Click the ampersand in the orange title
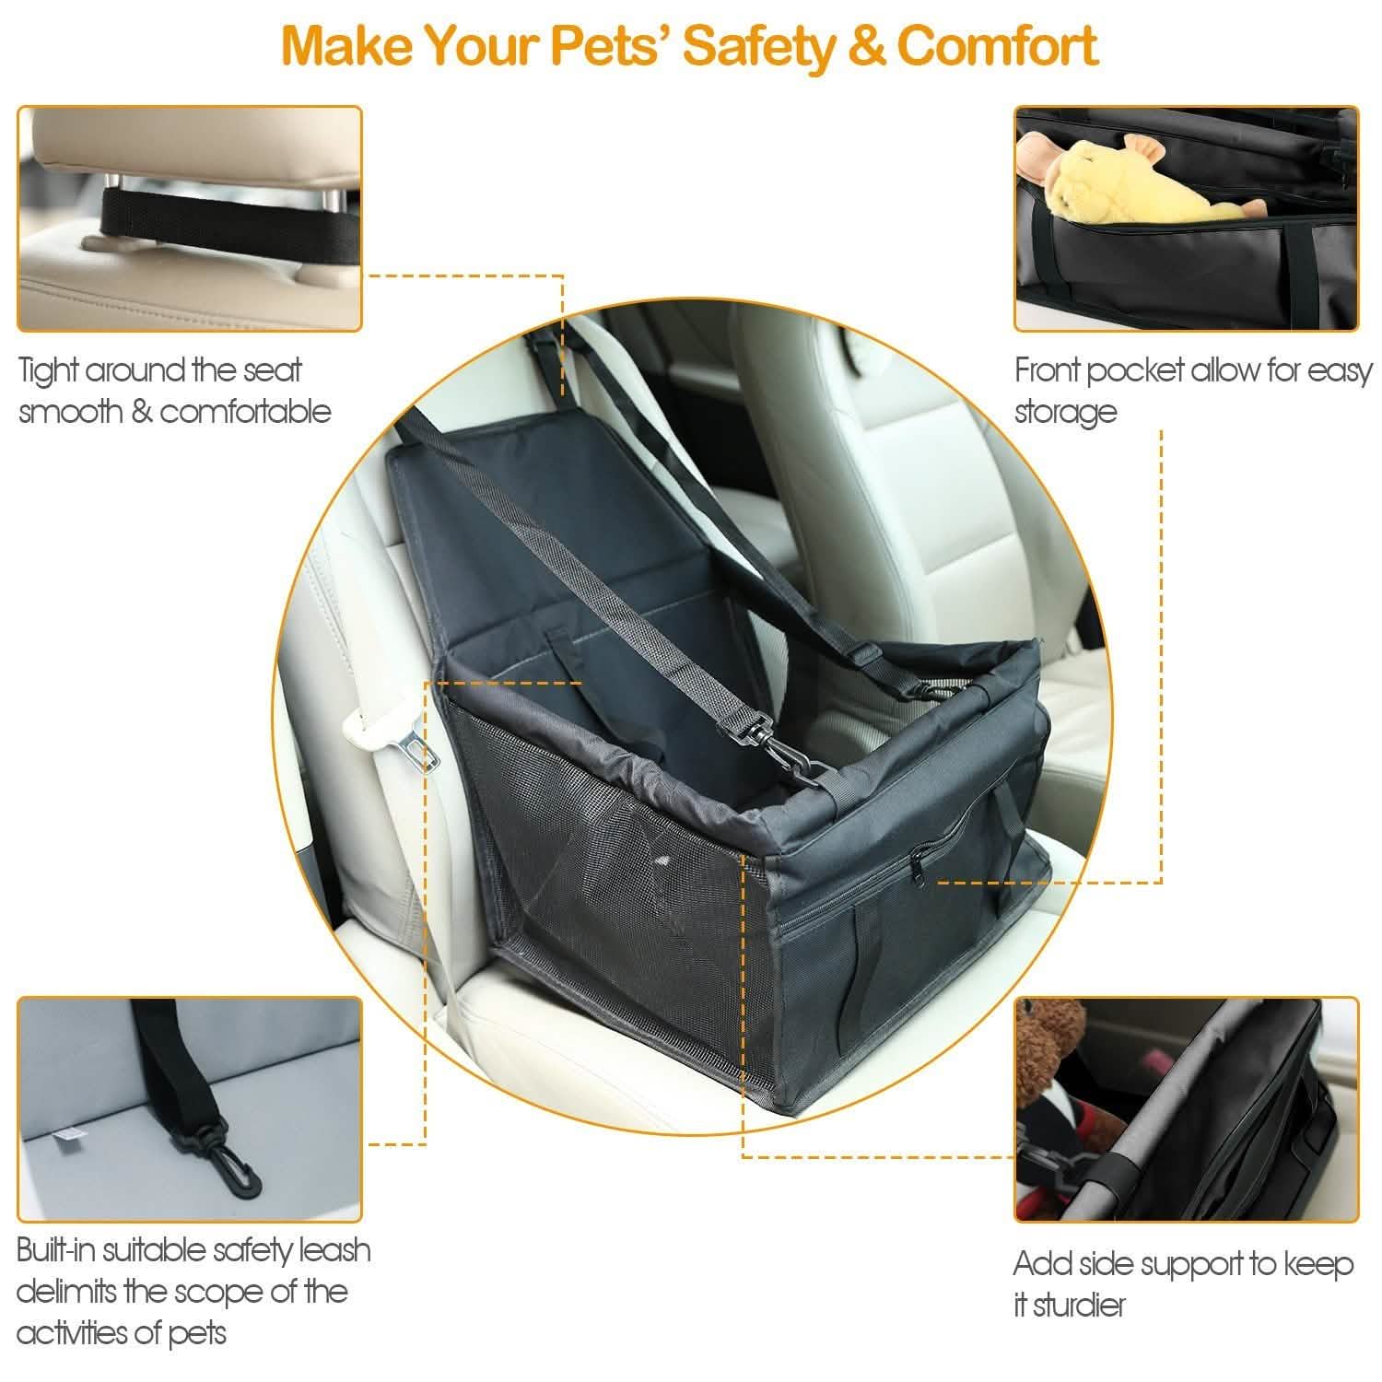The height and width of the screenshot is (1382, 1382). point(865,45)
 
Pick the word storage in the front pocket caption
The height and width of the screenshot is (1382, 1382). point(1066,412)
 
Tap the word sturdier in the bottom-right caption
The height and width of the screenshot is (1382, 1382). point(1080,1306)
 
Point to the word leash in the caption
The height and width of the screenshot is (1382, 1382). point(334,1250)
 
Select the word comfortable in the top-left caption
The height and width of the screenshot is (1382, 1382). point(246,411)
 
